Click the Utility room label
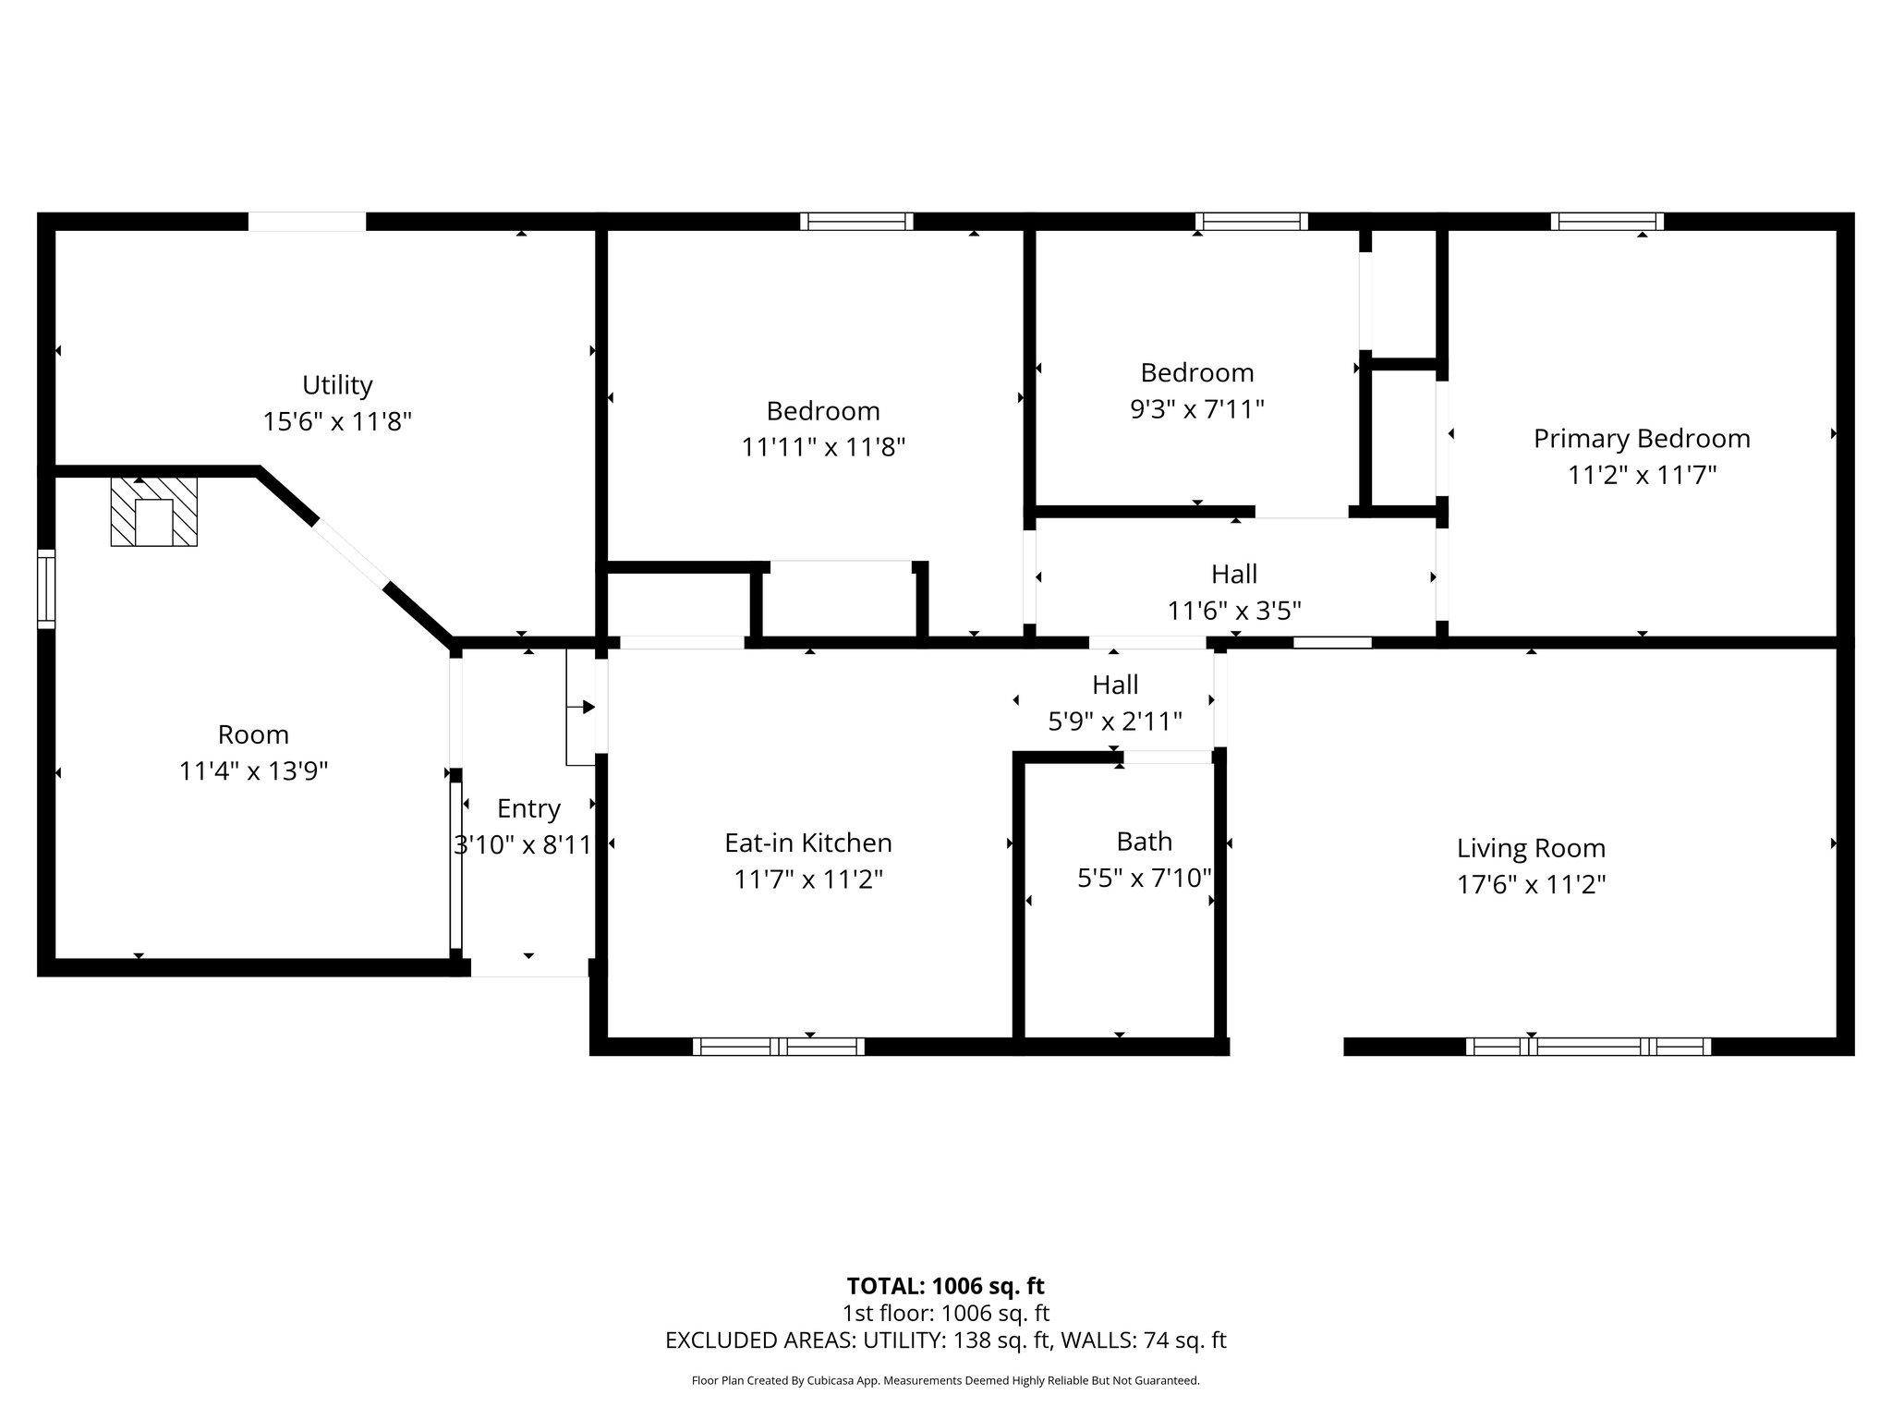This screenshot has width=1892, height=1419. tap(337, 385)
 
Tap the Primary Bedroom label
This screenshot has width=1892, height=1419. tap(1642, 439)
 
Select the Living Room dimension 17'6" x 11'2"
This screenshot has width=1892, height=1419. tap(1531, 885)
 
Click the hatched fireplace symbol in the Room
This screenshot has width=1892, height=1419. tap(153, 512)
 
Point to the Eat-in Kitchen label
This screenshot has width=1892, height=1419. tap(808, 843)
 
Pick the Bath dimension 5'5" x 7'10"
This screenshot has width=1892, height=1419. tap(1145, 878)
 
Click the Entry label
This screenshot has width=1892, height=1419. tap(528, 809)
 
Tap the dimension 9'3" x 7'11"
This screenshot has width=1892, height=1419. tap(1197, 409)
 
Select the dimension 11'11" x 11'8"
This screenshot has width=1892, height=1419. tap(823, 447)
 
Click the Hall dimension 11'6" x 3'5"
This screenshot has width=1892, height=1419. tap(1234, 611)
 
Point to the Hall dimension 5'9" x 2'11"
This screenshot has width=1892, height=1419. tap(1115, 722)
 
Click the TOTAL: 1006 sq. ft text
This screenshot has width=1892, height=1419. tap(945, 1286)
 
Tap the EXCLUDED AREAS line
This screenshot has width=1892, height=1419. tap(945, 1340)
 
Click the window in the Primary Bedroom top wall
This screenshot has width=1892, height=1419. tap(1607, 222)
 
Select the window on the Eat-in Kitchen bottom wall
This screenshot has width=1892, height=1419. tap(779, 1047)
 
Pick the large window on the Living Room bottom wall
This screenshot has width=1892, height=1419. tap(1588, 1047)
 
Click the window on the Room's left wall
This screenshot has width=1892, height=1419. tap(46, 589)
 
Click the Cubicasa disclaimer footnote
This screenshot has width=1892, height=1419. tap(945, 1381)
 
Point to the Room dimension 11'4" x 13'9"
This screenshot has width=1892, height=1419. tap(254, 771)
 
